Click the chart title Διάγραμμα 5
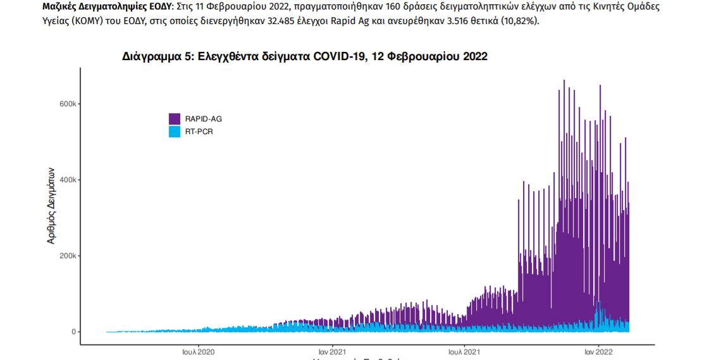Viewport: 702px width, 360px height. click(304, 56)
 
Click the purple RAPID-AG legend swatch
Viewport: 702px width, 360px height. click(175, 119)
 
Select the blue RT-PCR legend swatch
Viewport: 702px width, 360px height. click(175, 132)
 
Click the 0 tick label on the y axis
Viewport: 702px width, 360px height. click(74, 332)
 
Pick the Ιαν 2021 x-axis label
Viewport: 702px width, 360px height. click(332, 351)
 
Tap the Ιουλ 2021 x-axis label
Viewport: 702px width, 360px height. click(465, 351)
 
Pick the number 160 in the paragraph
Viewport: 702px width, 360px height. click(393, 8)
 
